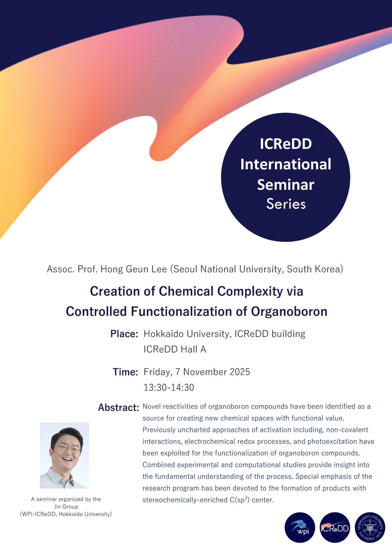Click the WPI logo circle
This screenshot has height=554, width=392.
coord(300,527)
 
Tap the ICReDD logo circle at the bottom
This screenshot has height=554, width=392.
coord(335,527)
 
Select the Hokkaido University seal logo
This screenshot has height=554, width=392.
coord(370,527)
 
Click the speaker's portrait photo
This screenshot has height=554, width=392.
coord(64,455)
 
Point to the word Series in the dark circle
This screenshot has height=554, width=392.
coord(286,204)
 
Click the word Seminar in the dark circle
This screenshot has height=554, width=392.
coord(286,185)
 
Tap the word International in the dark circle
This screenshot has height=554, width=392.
coord(286,164)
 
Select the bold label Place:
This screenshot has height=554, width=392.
coord(124,334)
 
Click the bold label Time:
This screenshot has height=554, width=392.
coord(126,372)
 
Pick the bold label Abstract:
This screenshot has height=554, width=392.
coord(119,408)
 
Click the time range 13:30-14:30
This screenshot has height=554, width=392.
coord(169,387)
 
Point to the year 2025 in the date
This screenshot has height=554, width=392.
coord(240,372)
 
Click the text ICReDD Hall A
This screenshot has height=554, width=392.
coord(175,349)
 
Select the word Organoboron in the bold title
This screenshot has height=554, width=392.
coord(289,312)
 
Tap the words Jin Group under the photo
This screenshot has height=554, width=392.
coord(66,507)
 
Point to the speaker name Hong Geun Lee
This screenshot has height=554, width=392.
coord(134,269)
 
